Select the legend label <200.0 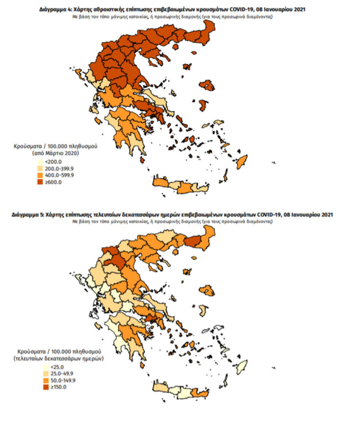[51, 161]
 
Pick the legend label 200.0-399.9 [59, 168]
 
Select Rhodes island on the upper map [241, 161]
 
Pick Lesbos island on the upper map [208, 86]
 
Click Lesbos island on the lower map [208, 290]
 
